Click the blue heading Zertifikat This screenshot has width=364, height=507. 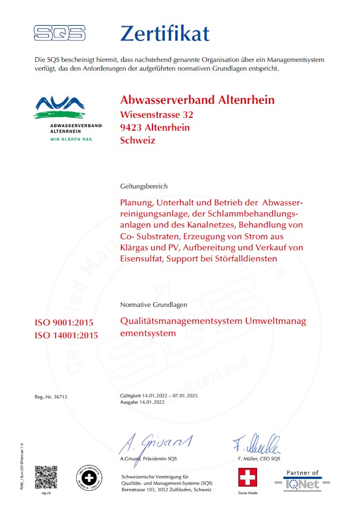click(164, 33)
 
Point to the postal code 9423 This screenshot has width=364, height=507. click(131, 127)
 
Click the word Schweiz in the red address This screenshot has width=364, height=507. click(137, 140)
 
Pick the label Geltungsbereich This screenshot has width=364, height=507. click(144, 186)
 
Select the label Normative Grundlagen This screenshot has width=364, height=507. click(154, 305)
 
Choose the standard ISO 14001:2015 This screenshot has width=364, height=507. click(67, 335)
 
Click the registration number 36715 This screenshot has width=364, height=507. click(60, 397)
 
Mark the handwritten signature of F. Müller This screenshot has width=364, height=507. click(256, 445)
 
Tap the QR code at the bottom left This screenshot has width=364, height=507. click(46, 477)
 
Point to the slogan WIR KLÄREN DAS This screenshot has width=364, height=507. click(71, 139)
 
